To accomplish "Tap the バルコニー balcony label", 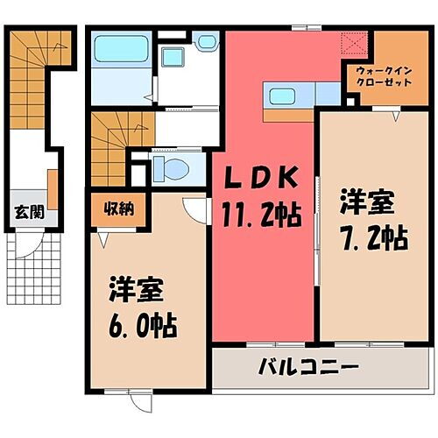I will pyautogui.click(x=307, y=365).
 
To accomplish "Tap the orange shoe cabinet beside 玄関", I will pyautogui.click(x=53, y=188).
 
